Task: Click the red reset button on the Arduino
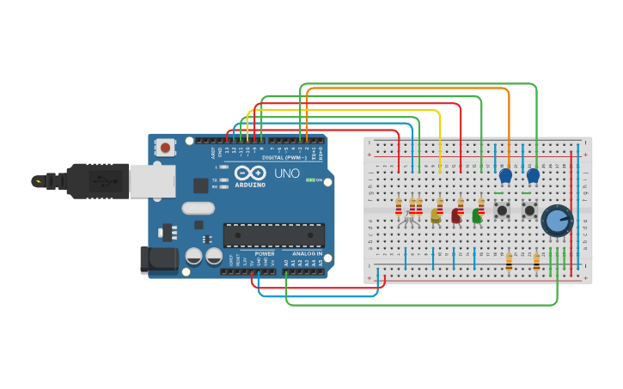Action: click(165, 148)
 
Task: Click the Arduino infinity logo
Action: click(250, 171)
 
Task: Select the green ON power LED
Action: click(309, 180)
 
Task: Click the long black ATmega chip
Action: click(274, 234)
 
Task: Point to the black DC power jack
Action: click(158, 260)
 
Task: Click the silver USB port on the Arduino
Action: click(152, 181)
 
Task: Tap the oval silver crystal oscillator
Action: click(197, 208)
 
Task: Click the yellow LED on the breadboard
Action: click(436, 216)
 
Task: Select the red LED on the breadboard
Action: click(456, 216)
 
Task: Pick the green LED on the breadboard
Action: click(477, 216)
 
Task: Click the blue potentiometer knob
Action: click(557, 220)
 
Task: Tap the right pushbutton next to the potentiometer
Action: click(529, 210)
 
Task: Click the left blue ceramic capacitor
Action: click(505, 176)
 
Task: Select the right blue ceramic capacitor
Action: click(533, 176)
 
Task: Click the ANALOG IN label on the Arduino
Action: click(307, 253)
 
